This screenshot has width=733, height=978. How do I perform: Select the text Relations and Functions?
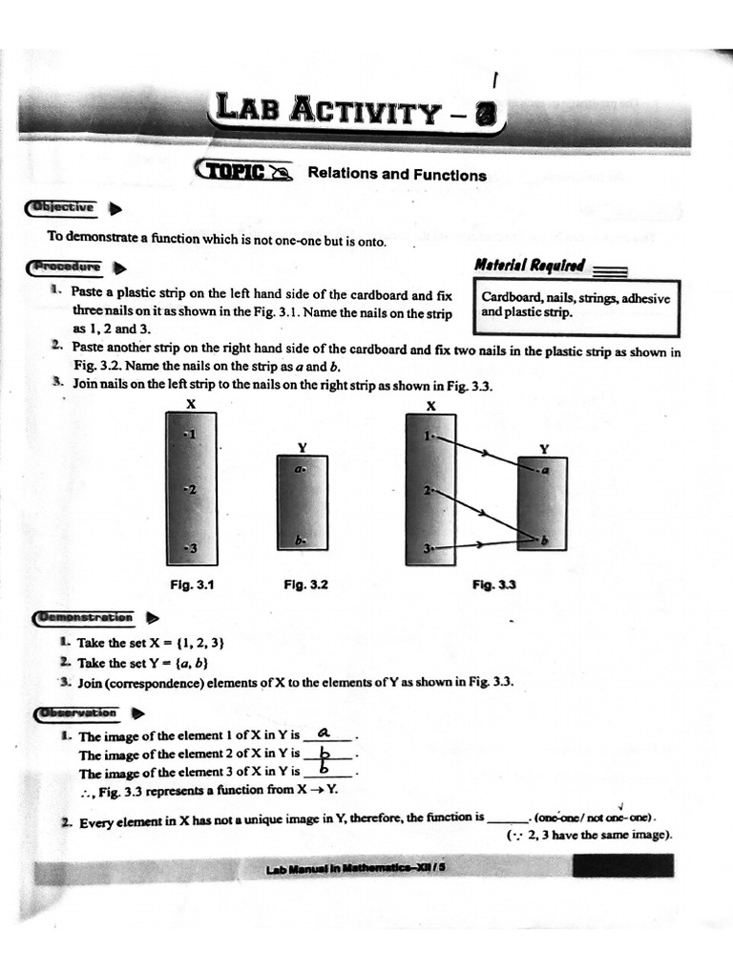coord(396,175)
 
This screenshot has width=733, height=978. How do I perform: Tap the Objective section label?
coord(62,207)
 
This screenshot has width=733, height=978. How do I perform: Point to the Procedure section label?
coord(66,266)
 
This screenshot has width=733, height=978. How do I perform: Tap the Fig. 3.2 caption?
coord(305,585)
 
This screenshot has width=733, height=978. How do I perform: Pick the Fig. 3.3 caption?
coord(493,585)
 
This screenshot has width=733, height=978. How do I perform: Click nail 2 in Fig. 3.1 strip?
coord(189,490)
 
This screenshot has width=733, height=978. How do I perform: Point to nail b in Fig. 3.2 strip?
coord(300,541)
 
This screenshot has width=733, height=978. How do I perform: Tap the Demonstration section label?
coord(83,618)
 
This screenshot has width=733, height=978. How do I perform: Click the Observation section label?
coord(76,712)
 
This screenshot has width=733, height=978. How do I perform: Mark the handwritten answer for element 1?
coord(324,733)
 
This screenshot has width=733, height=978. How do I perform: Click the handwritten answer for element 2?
coord(324,753)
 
